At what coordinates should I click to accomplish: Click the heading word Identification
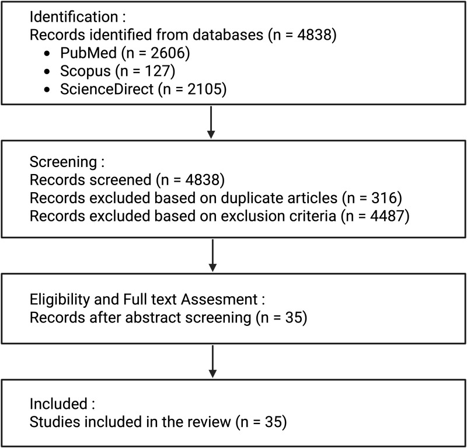(74, 17)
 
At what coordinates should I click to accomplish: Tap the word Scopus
(85, 71)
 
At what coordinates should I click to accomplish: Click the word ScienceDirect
(107, 89)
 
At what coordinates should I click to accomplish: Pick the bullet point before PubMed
(47, 54)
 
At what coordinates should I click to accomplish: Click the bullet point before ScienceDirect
(47, 90)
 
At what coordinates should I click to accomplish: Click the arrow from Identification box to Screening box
(211, 122)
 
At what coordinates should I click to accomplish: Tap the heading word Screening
(63, 162)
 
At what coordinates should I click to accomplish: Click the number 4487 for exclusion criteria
(388, 216)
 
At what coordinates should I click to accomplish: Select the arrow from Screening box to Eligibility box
(212, 255)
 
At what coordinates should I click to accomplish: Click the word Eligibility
(60, 300)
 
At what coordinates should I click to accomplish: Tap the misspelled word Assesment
(219, 299)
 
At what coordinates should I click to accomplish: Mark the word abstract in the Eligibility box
(154, 317)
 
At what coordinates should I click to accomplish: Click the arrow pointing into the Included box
(212, 362)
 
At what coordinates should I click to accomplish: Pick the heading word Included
(58, 404)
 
